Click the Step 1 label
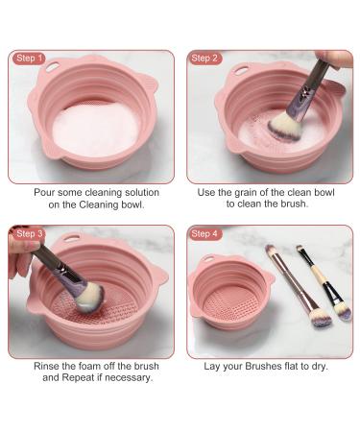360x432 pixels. click(x=29, y=59)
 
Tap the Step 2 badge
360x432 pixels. click(x=204, y=59)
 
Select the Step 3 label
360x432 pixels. click(x=29, y=233)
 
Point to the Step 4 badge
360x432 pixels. click(x=204, y=234)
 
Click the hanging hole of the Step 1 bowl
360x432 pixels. click(x=52, y=67)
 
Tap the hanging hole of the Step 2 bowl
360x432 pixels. click(x=242, y=70)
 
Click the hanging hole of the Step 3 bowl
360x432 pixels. click(x=71, y=237)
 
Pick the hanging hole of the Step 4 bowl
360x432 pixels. click(x=208, y=258)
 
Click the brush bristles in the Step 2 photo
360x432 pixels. click(x=285, y=129)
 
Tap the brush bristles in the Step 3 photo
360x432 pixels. click(x=89, y=298)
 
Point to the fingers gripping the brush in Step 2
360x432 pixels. click(x=334, y=59)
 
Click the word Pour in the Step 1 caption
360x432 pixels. click(x=44, y=193)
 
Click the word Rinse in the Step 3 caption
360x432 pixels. click(x=46, y=366)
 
